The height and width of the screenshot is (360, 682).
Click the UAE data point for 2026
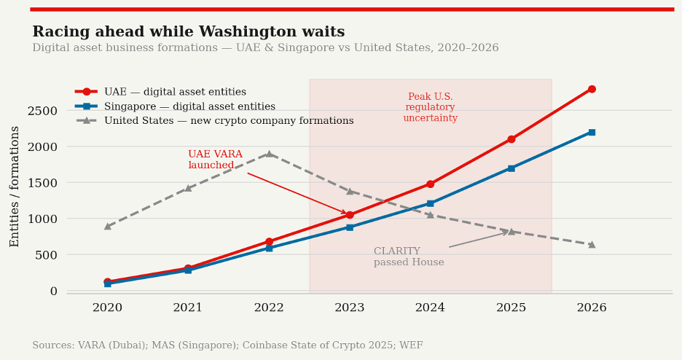592,89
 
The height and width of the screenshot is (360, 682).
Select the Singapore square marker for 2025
511,168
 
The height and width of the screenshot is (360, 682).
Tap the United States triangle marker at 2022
269,154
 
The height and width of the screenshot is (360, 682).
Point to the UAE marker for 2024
430,184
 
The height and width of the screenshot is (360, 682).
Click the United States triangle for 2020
107,226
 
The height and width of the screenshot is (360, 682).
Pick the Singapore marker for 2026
592,133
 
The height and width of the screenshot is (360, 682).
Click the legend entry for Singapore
189,106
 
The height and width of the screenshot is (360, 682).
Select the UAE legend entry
175,92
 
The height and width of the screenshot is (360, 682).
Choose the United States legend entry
229,121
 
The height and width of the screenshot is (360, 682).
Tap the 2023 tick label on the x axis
349,308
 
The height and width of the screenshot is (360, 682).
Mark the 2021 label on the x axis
188,308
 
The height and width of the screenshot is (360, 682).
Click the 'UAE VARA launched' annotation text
215,160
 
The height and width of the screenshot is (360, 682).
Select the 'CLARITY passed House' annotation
409,257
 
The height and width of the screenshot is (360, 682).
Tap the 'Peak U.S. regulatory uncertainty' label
430,107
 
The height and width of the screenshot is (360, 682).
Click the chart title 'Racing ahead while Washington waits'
188,32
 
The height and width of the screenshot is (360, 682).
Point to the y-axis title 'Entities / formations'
15,186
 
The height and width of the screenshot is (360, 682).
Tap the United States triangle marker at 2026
592,244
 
